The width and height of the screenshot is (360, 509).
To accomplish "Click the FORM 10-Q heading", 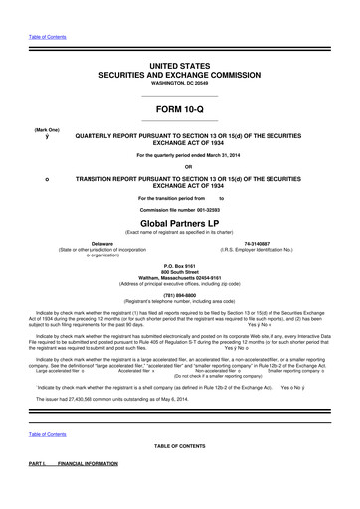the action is [x=180, y=109].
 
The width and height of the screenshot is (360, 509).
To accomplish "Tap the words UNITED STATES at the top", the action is [x=180, y=63].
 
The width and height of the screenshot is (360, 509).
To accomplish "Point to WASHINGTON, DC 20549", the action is [x=180, y=82].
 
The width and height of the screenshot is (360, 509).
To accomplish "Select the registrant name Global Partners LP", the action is [x=180, y=224].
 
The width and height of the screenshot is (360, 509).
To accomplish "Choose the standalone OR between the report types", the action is [x=180, y=166].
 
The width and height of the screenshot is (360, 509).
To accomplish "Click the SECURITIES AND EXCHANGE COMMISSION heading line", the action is [x=180, y=74].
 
